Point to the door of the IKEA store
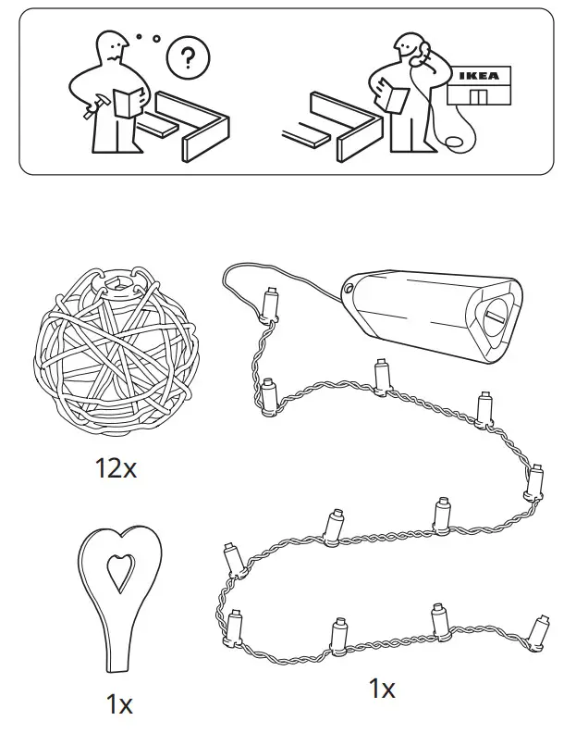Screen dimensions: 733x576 (x=477, y=97)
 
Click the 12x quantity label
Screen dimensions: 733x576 (x=115, y=468)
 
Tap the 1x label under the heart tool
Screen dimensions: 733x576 (x=118, y=704)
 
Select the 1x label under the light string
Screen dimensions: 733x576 (x=381, y=689)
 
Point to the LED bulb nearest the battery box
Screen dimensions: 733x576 (x=271, y=302)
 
